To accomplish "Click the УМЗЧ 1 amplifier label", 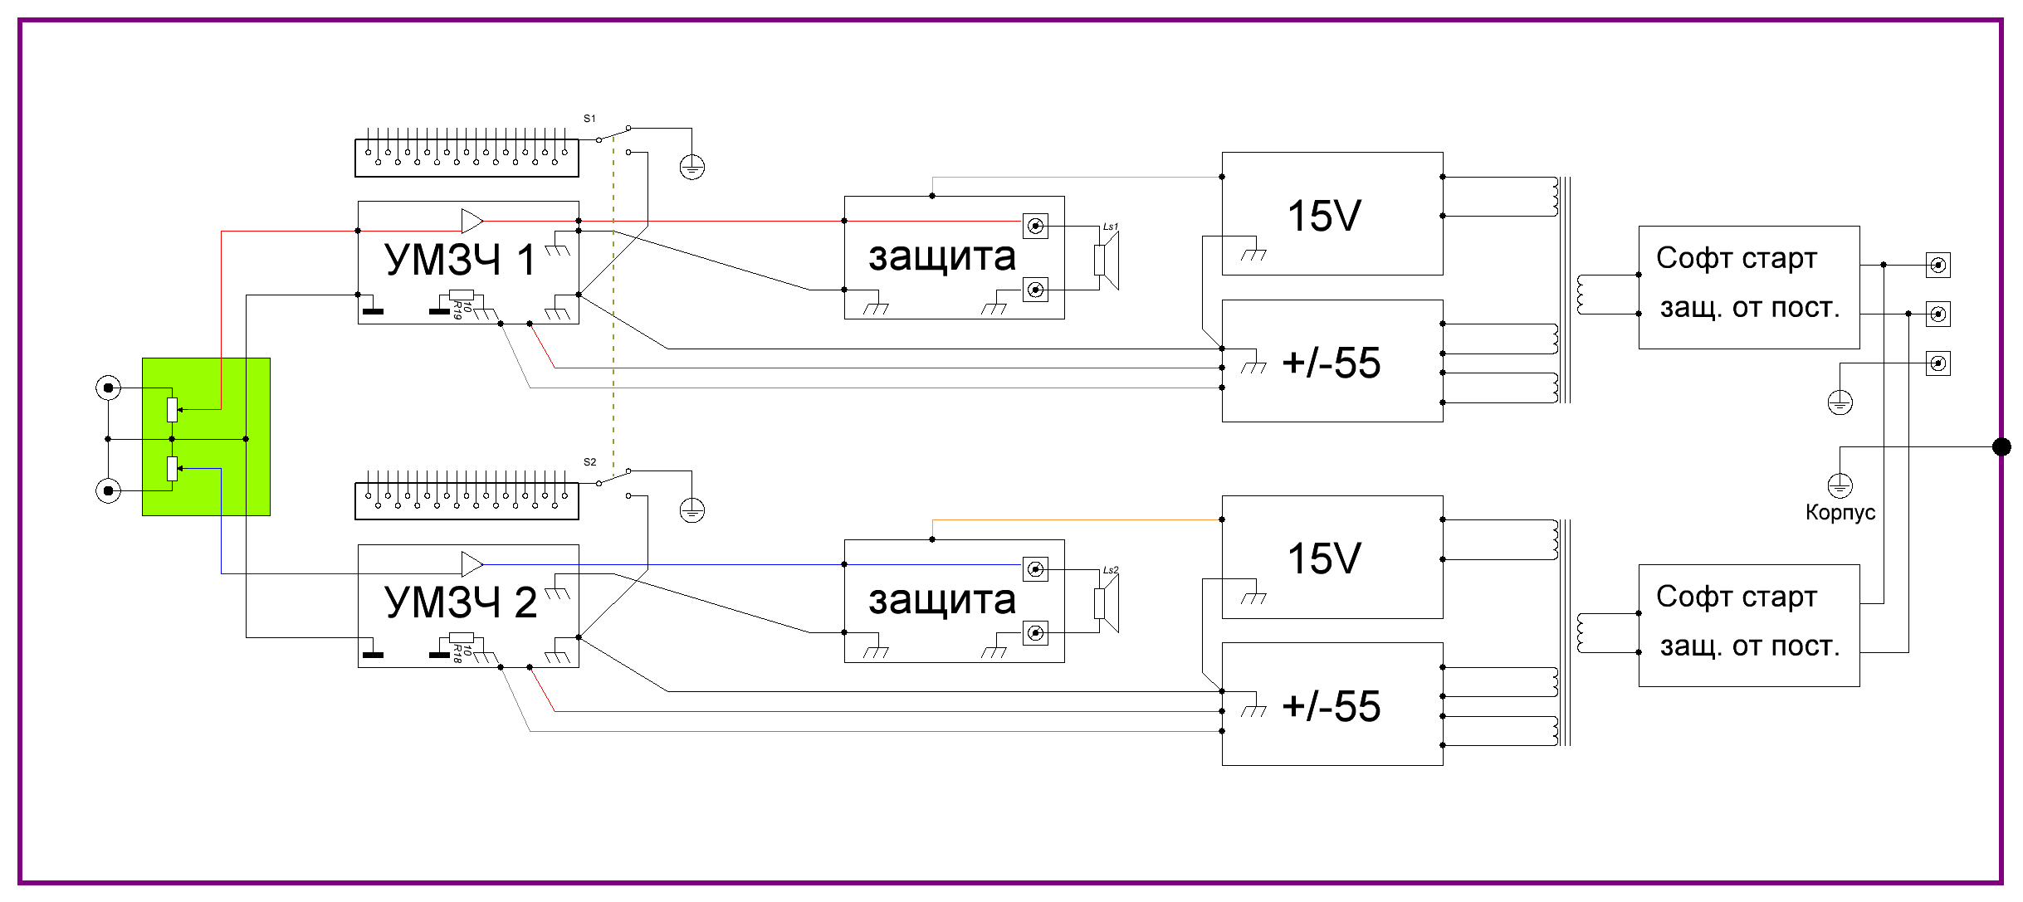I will pos(459,260).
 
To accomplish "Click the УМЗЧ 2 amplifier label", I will pos(460,602).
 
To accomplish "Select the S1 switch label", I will pos(589,119).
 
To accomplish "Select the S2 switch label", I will pos(589,462).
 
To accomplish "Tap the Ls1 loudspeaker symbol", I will pos(1107,260).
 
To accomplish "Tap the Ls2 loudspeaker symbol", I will pos(1107,603).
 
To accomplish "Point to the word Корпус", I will pos(1840,512).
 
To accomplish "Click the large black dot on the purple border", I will pos(2001,447).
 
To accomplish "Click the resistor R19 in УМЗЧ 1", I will pos(461,295).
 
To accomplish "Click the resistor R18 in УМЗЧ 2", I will pos(461,638).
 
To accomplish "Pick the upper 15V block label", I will pos(1324,216).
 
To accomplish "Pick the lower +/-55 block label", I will pos(1331,706).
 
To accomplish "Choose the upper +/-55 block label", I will pos(1331,363).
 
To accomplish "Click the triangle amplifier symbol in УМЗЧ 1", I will pos(472,221).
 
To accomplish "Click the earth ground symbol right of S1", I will pos(691,168).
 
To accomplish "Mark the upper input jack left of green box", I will pos(108,388).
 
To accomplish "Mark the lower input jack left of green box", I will pos(108,490).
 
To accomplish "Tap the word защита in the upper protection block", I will pos(941,257).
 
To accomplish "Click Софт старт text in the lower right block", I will pos(1736,597).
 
